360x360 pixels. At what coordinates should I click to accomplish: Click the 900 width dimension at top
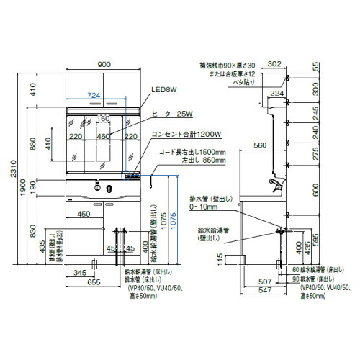pyautogui.click(x=105, y=66)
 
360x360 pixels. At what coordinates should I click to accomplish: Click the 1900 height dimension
pyautogui.click(x=24, y=186)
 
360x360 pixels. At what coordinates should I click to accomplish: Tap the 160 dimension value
pyautogui.click(x=102, y=120)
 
